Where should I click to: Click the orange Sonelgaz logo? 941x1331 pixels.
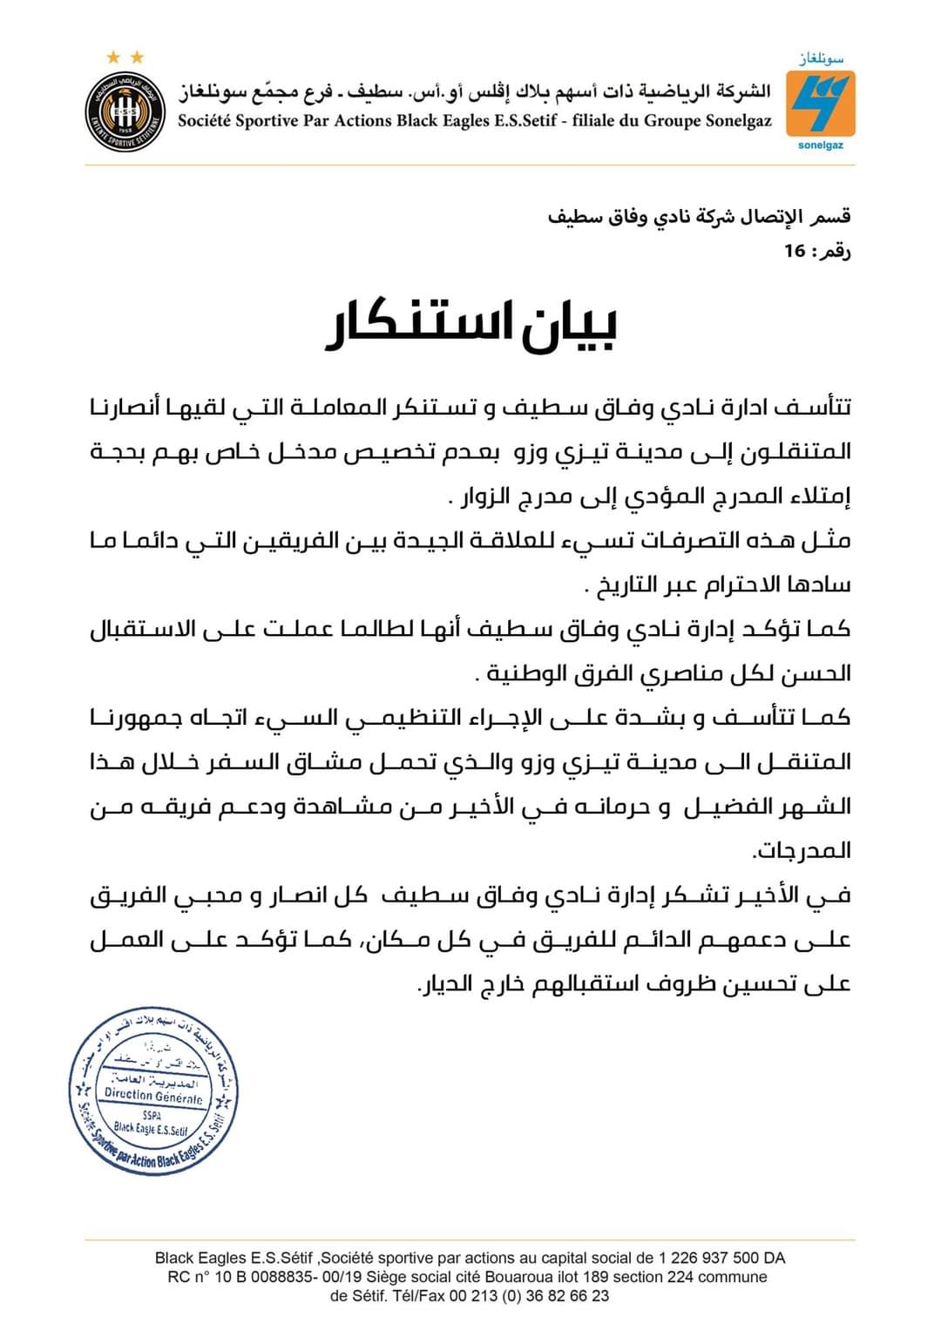pyautogui.click(x=820, y=102)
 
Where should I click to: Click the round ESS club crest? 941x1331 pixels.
pyautogui.click(x=126, y=111)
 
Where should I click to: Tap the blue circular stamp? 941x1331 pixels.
pyautogui.click(x=153, y=1093)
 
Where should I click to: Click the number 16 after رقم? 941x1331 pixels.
pyautogui.click(x=795, y=252)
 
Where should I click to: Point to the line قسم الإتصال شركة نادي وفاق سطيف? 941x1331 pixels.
pyautogui.click(x=699, y=216)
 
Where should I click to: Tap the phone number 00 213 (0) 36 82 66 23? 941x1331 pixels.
pyautogui.click(x=529, y=1295)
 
